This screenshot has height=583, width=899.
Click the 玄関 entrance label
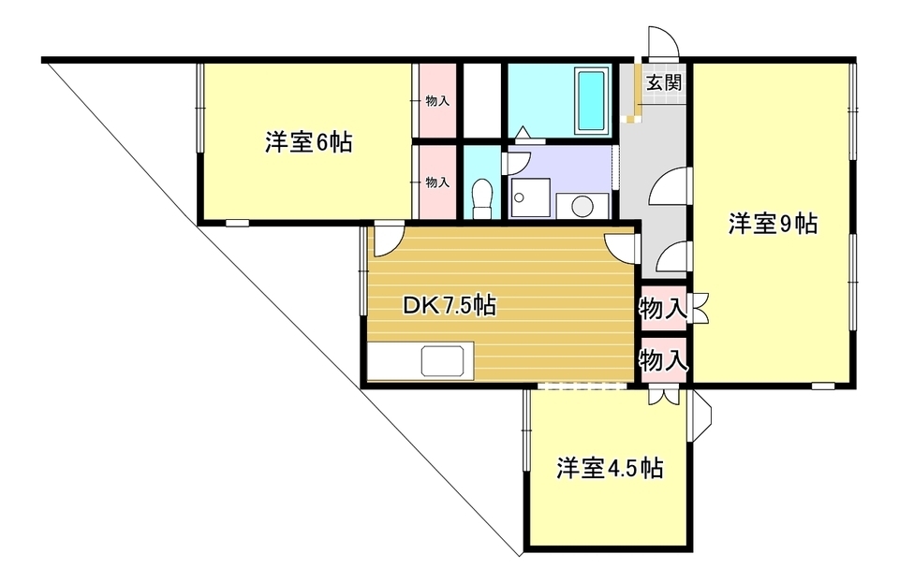click(664, 83)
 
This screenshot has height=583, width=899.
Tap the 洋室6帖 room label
click(308, 142)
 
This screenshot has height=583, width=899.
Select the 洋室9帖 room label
click(773, 224)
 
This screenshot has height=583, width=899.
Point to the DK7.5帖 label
click(449, 306)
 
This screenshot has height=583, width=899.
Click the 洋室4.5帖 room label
click(610, 468)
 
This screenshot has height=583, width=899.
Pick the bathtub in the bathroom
click(591, 100)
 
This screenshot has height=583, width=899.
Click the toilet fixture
click(483, 197)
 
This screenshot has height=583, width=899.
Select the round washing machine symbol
click(582, 206)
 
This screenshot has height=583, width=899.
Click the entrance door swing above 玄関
click(663, 42)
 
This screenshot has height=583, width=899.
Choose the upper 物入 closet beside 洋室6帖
click(437, 101)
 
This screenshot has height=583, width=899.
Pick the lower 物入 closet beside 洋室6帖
click(437, 182)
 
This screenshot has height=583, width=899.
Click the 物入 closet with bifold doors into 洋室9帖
click(663, 309)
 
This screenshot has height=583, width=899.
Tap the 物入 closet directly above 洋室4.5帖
click(663, 360)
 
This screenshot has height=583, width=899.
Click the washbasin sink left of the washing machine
click(530, 197)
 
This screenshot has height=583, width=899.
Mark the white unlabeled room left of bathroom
click(481, 101)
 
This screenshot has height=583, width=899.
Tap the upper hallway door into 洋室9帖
click(670, 185)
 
